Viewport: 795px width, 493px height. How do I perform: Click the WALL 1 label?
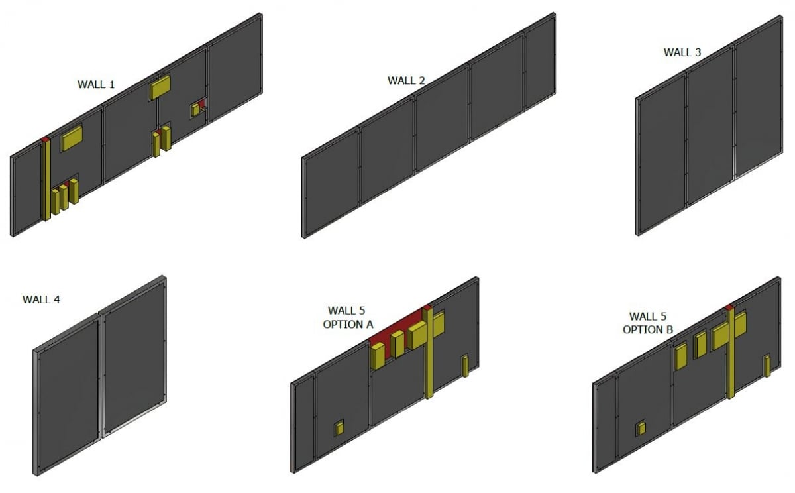click(96, 84)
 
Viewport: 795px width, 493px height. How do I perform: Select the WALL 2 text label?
click(406, 81)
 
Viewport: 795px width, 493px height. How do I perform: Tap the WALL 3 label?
click(682, 52)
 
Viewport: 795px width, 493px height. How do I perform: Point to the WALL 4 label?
click(41, 300)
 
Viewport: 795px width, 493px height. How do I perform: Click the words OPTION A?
click(348, 325)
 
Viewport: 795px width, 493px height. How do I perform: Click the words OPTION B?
click(648, 329)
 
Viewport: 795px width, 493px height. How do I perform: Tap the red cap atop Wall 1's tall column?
click(45, 139)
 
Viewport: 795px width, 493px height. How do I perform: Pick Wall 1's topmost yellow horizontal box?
click(160, 87)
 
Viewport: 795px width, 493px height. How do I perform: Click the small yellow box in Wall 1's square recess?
click(195, 111)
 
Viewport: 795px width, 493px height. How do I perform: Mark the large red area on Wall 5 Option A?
click(397, 325)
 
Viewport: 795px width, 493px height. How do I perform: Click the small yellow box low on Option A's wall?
click(339, 428)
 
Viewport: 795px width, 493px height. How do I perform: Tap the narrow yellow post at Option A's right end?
click(465, 366)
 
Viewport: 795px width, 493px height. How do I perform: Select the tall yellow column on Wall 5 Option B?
click(731, 354)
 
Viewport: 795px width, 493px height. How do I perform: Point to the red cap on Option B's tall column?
click(729, 307)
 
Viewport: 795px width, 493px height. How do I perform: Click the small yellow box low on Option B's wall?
click(641, 428)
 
